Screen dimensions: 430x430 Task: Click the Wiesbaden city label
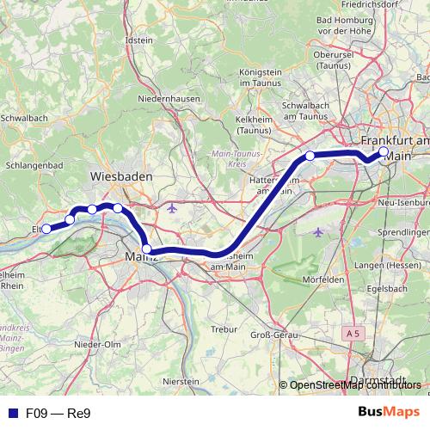tap(121, 175)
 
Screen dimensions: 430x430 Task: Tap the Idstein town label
tap(138, 40)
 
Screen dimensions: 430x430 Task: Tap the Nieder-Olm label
tap(97, 344)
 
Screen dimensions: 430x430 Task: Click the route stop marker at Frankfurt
tap(384, 151)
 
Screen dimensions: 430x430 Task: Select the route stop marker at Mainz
tap(147, 249)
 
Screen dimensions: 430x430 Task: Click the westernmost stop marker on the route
tap(46, 229)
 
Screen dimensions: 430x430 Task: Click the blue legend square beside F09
tap(10, 413)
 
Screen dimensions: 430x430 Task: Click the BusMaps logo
tap(388, 412)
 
